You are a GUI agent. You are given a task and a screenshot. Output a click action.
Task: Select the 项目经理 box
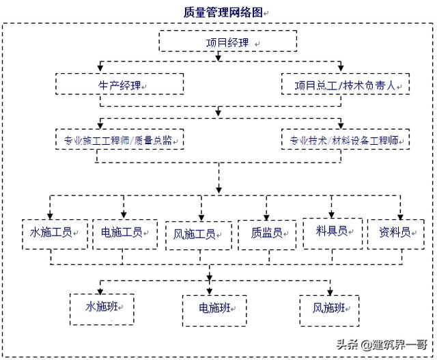228,42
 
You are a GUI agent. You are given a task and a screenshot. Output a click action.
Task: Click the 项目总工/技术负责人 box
346,85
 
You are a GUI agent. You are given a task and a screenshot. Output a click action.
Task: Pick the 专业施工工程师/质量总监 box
120,140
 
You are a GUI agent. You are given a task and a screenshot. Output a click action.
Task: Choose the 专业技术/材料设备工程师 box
346,140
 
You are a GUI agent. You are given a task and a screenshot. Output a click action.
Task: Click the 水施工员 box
51,232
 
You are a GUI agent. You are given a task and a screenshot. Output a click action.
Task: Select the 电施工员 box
124,232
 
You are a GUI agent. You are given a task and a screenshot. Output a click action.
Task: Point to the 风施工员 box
195,234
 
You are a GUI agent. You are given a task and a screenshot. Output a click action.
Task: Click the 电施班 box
212,307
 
